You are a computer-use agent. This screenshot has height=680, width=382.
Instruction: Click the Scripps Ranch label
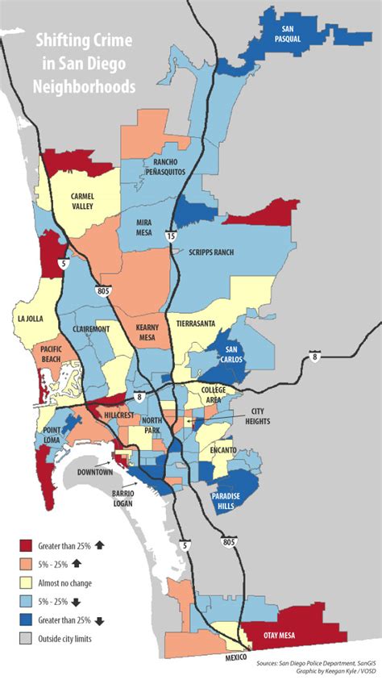tap(210, 252)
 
